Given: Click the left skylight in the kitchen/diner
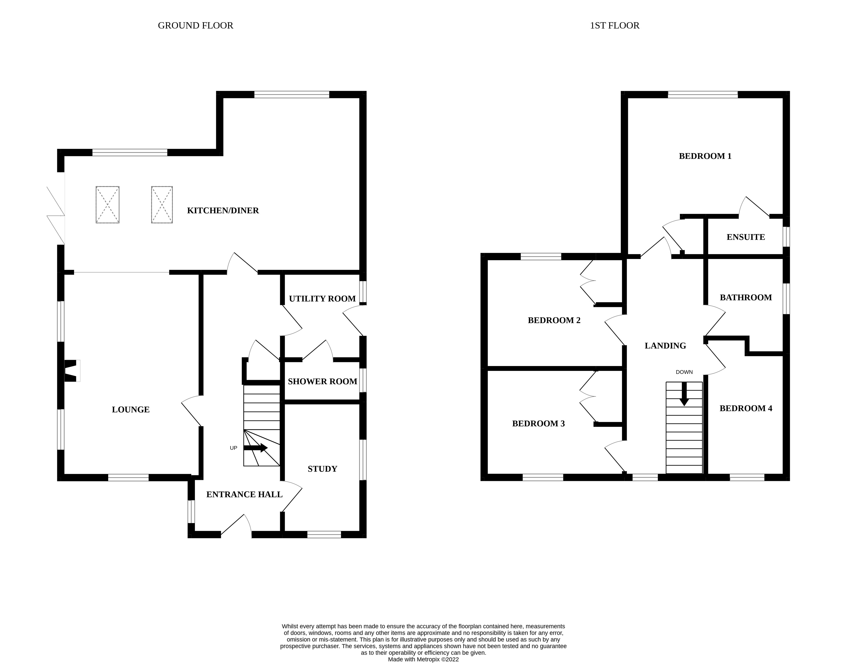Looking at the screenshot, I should point(107,205).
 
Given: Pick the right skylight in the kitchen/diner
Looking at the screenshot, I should point(162,205).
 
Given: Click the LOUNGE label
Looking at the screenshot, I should point(130,410).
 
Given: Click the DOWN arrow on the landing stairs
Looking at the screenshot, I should point(684,394).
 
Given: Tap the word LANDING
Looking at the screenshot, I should point(665,346).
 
